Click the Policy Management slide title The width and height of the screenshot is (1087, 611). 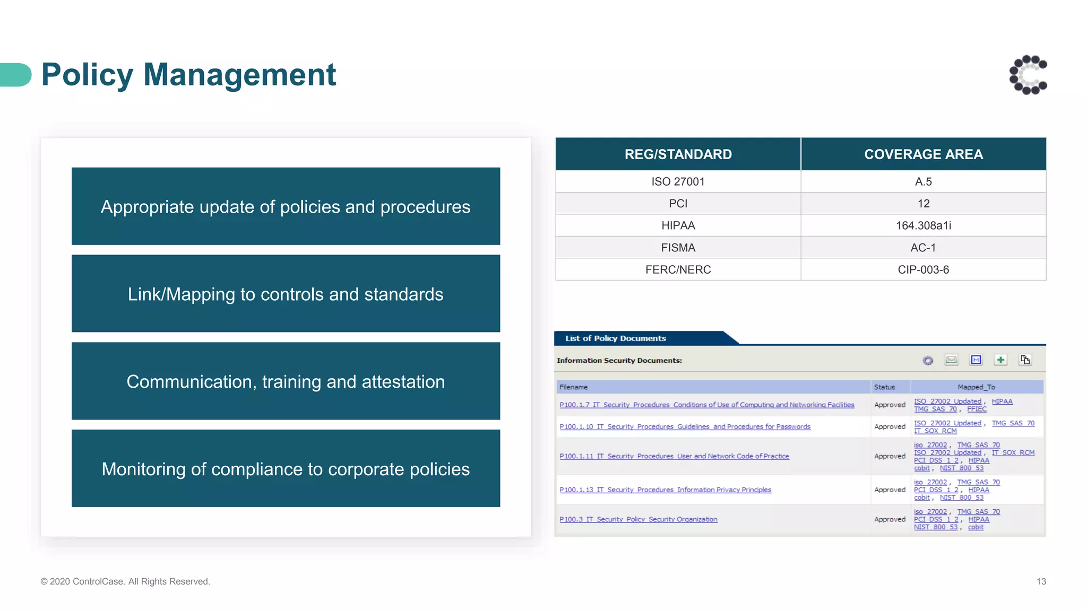click(188, 74)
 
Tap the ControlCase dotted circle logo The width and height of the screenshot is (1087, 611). click(1028, 75)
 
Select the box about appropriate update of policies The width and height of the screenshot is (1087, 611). click(286, 206)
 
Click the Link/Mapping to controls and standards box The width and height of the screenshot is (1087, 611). click(286, 294)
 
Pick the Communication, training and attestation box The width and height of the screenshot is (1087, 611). click(286, 381)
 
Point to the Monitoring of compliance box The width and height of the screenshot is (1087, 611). click(286, 469)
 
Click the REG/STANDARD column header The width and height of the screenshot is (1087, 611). click(678, 154)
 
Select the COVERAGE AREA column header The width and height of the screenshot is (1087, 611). click(923, 154)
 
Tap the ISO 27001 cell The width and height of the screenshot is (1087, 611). click(678, 181)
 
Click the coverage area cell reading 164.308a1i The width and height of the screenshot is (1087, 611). click(923, 225)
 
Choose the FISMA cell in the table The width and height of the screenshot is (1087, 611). click(678, 248)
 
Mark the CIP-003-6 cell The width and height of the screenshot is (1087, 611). click(923, 269)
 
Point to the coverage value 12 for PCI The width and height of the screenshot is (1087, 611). click(923, 204)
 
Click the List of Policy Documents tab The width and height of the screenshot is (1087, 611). click(616, 338)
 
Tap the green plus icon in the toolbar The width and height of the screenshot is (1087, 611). click(1000, 360)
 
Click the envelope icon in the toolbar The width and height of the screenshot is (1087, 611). click(951, 360)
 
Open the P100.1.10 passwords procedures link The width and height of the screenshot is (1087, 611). click(685, 426)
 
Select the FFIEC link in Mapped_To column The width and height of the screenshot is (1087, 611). click(977, 409)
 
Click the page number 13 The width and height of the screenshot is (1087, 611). click(1041, 581)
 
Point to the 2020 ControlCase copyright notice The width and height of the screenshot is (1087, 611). click(125, 581)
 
